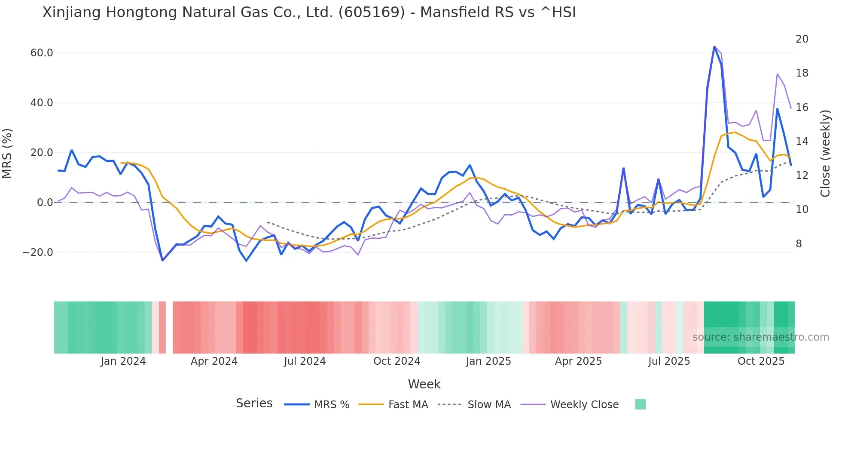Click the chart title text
point(308,12)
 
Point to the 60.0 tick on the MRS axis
point(42,53)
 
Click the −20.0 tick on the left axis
point(38,252)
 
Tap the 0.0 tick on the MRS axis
point(45,203)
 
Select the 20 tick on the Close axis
point(802,39)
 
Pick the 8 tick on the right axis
point(799,244)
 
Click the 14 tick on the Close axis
point(802,142)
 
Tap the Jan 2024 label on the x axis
point(123,361)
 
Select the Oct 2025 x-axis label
point(761,361)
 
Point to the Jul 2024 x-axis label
point(305,361)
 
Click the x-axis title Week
point(424,384)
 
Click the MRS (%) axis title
point(7,153)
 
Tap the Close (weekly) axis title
point(825,153)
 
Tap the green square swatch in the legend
point(640,404)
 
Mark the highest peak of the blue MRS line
point(714,47)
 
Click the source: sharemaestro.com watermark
point(760,337)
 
